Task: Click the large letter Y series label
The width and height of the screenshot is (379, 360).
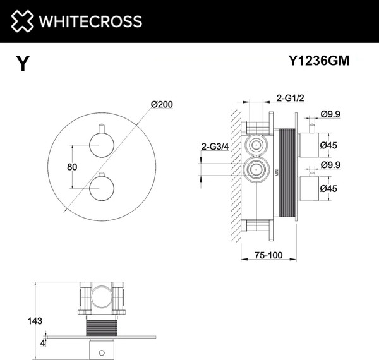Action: [23, 64]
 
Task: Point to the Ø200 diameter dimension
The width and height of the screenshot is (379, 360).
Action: [162, 105]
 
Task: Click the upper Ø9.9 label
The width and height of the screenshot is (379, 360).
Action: [330, 114]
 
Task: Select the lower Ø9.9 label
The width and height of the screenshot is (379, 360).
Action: [330, 166]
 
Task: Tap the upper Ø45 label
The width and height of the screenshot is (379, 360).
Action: [328, 145]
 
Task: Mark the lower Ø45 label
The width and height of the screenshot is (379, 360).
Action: [328, 188]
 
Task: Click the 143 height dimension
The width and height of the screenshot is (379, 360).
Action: [35, 321]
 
